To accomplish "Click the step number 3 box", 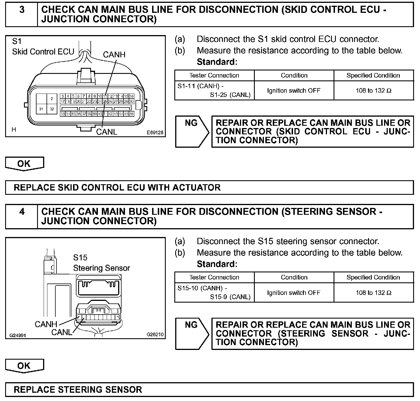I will point(22,14).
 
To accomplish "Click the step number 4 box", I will point(22,216).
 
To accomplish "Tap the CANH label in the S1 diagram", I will point(114,54).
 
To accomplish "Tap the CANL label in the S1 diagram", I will point(106,132).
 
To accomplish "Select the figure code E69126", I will point(155,133).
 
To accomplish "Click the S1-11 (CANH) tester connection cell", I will point(214,90).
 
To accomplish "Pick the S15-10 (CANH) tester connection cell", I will point(214,292).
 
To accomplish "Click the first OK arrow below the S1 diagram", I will point(24,164).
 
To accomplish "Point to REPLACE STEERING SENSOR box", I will point(209,390).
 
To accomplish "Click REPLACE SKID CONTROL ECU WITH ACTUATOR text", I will point(117,187).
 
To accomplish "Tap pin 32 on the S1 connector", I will point(52,109).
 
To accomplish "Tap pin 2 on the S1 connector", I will point(52,99).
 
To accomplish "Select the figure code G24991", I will point(18,335).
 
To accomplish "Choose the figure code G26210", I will point(155,335).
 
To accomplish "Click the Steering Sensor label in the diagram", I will point(101,268).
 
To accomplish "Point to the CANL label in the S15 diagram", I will point(62,332).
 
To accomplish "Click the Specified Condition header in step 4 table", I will point(373,277).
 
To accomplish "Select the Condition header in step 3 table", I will point(294,75).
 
